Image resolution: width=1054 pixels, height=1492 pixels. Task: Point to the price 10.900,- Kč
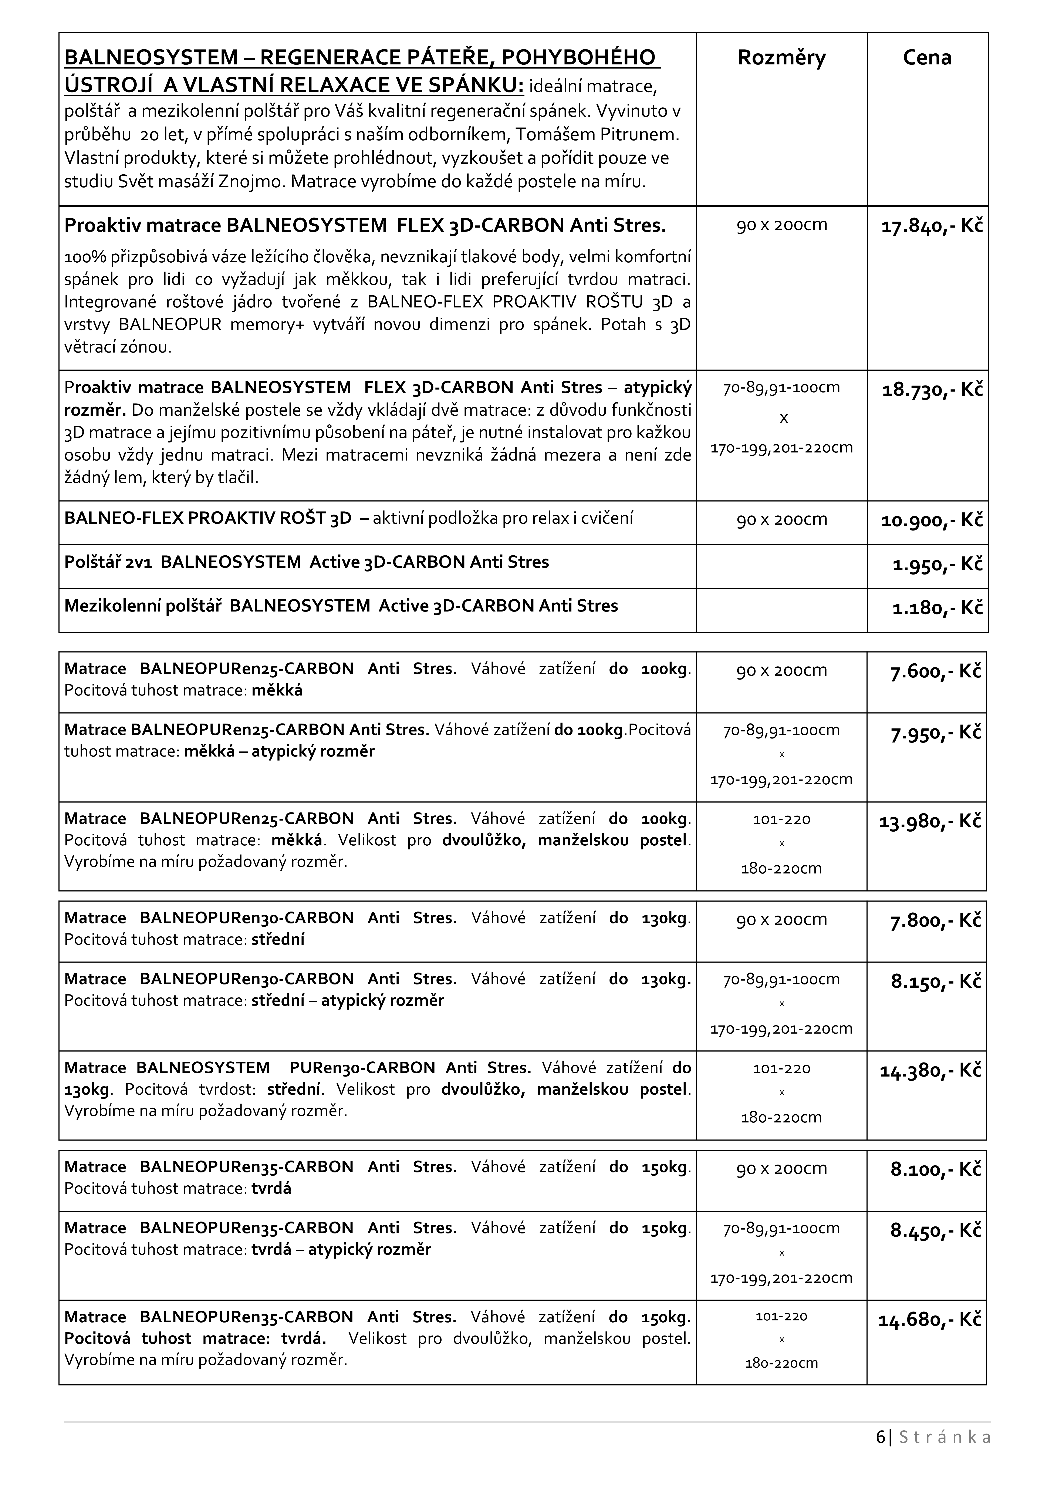[931, 521]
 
